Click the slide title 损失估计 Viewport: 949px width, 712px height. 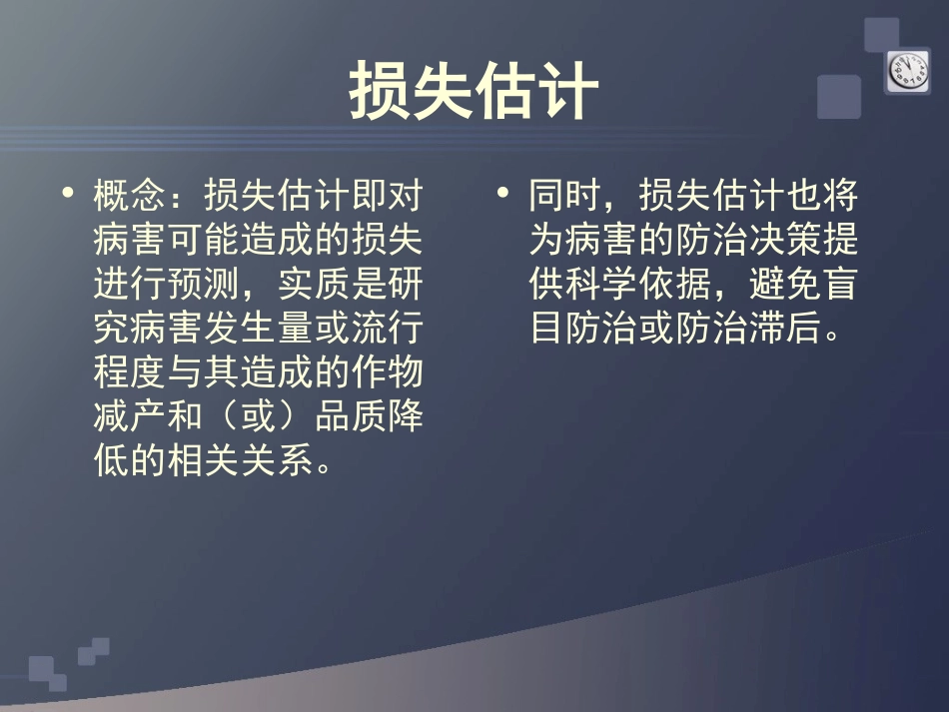click(x=474, y=92)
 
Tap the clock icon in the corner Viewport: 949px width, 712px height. click(x=907, y=70)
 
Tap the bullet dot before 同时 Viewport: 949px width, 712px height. click(x=504, y=191)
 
